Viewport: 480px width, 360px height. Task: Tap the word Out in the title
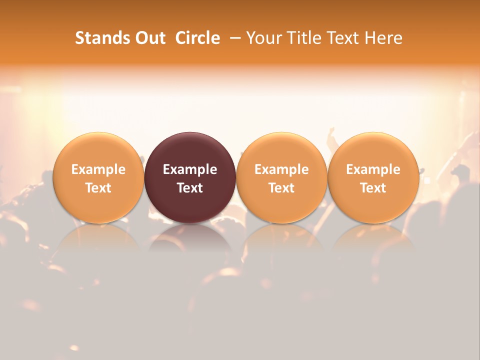[149, 38]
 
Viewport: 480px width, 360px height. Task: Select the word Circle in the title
[197, 38]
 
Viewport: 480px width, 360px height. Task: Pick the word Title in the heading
[303, 38]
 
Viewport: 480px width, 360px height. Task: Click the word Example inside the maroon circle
[190, 169]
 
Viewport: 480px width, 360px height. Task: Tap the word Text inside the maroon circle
[190, 188]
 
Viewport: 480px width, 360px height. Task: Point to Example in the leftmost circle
[98, 169]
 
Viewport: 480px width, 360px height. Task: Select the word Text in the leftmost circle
[98, 188]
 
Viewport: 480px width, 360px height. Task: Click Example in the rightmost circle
[373, 169]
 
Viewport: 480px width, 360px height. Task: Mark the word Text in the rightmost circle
[373, 188]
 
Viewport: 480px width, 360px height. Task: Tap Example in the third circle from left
[281, 169]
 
